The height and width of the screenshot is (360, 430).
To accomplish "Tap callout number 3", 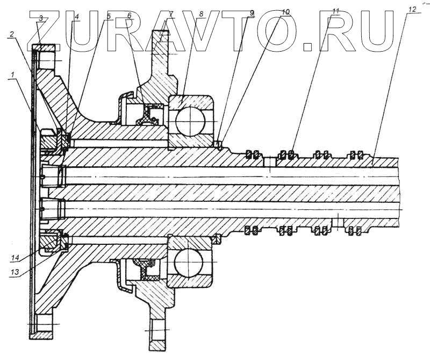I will [x=41, y=18].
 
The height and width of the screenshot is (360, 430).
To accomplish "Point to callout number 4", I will [x=77, y=17].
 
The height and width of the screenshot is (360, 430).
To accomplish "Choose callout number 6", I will [x=129, y=17].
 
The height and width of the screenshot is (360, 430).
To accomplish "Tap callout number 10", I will [x=285, y=11].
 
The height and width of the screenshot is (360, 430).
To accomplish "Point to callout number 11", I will [x=336, y=11].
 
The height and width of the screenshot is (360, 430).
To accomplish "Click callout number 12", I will [x=413, y=10].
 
